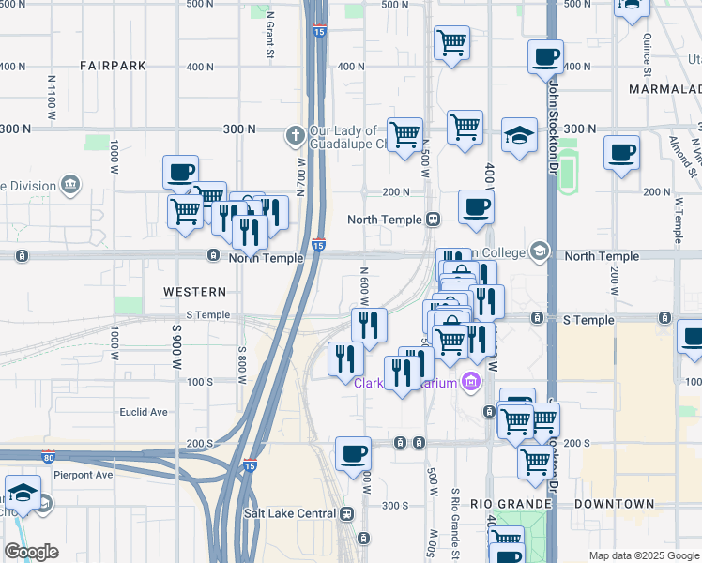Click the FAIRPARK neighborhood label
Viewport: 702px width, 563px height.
pos(113,66)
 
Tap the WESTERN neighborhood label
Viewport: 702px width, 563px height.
pos(194,292)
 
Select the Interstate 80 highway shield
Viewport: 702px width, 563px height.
pos(48,458)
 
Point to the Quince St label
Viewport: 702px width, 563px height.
pos(648,57)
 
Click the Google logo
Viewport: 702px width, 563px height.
pos(33,553)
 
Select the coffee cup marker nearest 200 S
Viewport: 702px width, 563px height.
pos(354,453)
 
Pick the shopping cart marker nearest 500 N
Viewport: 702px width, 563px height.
pos(451,41)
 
